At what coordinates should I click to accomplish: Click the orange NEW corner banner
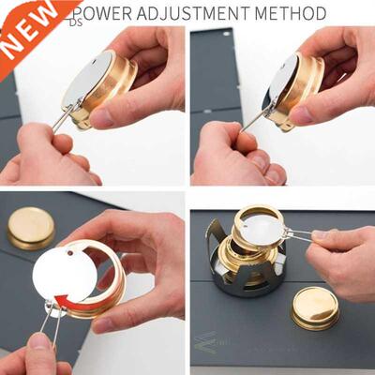pyautogui.click(x=26, y=26)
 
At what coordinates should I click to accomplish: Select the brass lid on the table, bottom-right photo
pyautogui.click(x=315, y=307)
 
